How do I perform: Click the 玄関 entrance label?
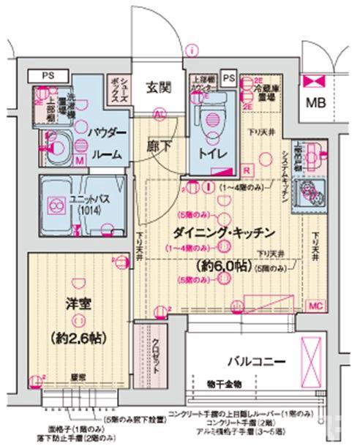pos(157,89)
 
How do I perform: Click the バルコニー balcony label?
pos(255,360)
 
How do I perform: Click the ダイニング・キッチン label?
pos(223,233)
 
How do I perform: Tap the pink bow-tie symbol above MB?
pos(316,78)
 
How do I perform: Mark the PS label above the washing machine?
pos(47,75)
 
